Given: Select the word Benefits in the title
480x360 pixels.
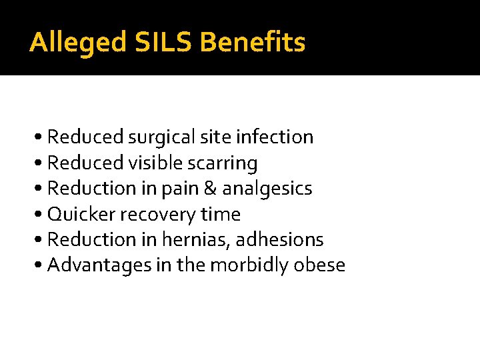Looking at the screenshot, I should click(253, 43).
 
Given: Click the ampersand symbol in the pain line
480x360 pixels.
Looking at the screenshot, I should click(211, 189).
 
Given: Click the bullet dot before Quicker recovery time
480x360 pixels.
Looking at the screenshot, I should click(40, 215).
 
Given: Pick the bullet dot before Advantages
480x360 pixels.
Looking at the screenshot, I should click(40, 266).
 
